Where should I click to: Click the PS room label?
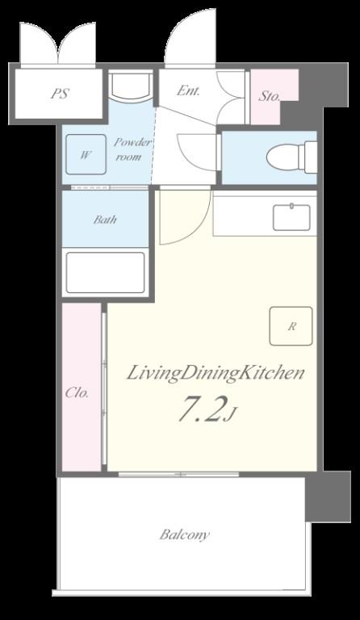pos(60,94)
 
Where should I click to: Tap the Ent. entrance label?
pos(188,90)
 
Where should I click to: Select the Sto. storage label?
pos(270,96)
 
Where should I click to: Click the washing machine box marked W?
pos(86,154)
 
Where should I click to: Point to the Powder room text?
pos(132,149)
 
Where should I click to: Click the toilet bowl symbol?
pos(291,157)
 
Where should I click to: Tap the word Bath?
pos(105,220)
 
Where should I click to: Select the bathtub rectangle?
pos(105,272)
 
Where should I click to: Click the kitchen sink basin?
pos(291,217)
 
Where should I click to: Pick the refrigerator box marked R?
pos(291,326)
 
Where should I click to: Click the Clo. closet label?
pos(77,393)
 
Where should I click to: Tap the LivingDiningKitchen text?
pos(216,373)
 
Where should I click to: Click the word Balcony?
pos(185,535)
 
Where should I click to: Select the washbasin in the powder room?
pos(131,85)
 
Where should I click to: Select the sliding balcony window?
pos(179,474)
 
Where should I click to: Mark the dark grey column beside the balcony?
pos(329,496)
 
